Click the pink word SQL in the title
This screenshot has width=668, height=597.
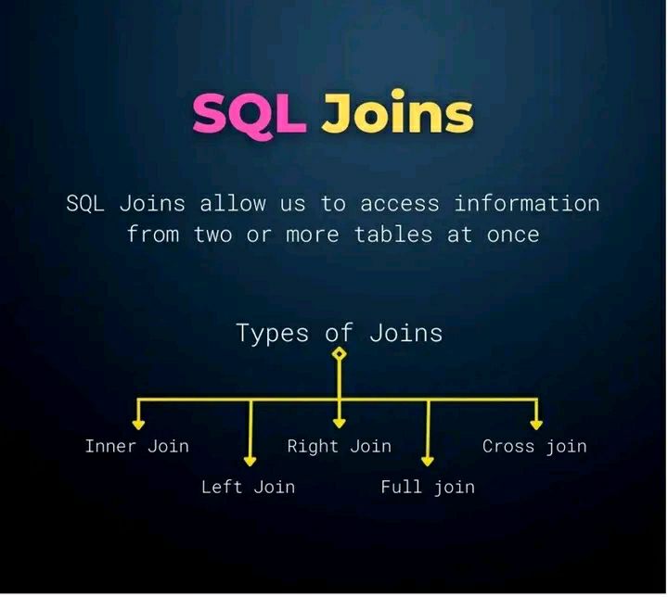(x=250, y=115)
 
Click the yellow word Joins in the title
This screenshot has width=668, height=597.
(x=397, y=111)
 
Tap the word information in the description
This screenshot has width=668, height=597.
(x=527, y=203)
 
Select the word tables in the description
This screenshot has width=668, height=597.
(x=393, y=235)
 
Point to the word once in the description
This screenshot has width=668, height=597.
(x=513, y=235)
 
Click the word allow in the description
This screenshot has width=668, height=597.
(x=233, y=203)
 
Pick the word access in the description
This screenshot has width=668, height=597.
(x=400, y=205)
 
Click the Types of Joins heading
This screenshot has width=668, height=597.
(x=340, y=333)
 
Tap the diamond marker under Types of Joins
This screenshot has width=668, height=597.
(x=340, y=353)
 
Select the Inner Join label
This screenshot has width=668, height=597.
(x=136, y=446)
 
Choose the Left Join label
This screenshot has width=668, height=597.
(x=248, y=487)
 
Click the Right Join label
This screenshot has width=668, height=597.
(x=340, y=446)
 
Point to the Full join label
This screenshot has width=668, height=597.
(x=428, y=487)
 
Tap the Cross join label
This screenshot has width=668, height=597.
(x=534, y=446)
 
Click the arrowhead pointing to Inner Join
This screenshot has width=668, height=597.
(x=138, y=425)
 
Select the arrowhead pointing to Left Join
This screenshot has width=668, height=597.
(x=250, y=462)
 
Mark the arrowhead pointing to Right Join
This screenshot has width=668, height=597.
(x=340, y=424)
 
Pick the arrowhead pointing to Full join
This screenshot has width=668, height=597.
(x=428, y=462)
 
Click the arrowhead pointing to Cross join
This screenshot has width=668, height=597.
(x=536, y=425)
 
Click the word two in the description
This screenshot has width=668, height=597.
(x=213, y=235)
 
